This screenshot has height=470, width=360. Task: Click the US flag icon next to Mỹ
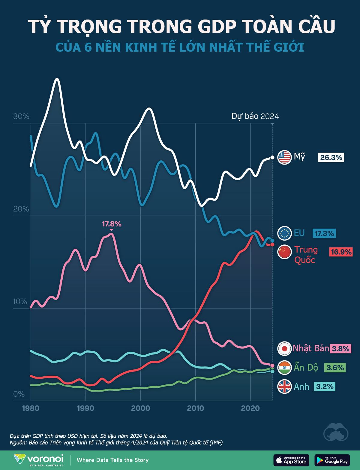point(284,157)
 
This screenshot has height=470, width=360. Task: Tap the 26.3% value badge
point(331,158)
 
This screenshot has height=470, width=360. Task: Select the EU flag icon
point(284,233)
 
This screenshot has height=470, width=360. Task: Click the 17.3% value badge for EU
point(324,233)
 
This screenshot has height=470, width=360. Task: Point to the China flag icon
point(284,252)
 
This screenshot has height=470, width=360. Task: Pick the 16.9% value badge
point(341,252)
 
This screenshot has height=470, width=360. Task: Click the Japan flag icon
point(284,349)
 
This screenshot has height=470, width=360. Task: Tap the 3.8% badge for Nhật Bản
point(340,349)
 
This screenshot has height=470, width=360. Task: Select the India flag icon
point(284,368)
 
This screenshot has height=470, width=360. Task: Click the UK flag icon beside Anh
point(284,387)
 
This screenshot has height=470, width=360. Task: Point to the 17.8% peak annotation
point(112,224)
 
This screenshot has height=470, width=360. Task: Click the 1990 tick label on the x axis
point(86,408)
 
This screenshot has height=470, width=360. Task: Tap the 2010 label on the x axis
point(196,408)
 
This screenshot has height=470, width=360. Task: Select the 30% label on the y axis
point(21,117)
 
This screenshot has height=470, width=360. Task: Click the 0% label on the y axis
point(19,394)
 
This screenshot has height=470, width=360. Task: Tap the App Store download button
point(291,460)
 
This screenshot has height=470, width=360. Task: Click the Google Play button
point(332,460)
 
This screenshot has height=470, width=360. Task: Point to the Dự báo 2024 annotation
point(255,116)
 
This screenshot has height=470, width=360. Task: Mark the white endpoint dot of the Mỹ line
point(272,157)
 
